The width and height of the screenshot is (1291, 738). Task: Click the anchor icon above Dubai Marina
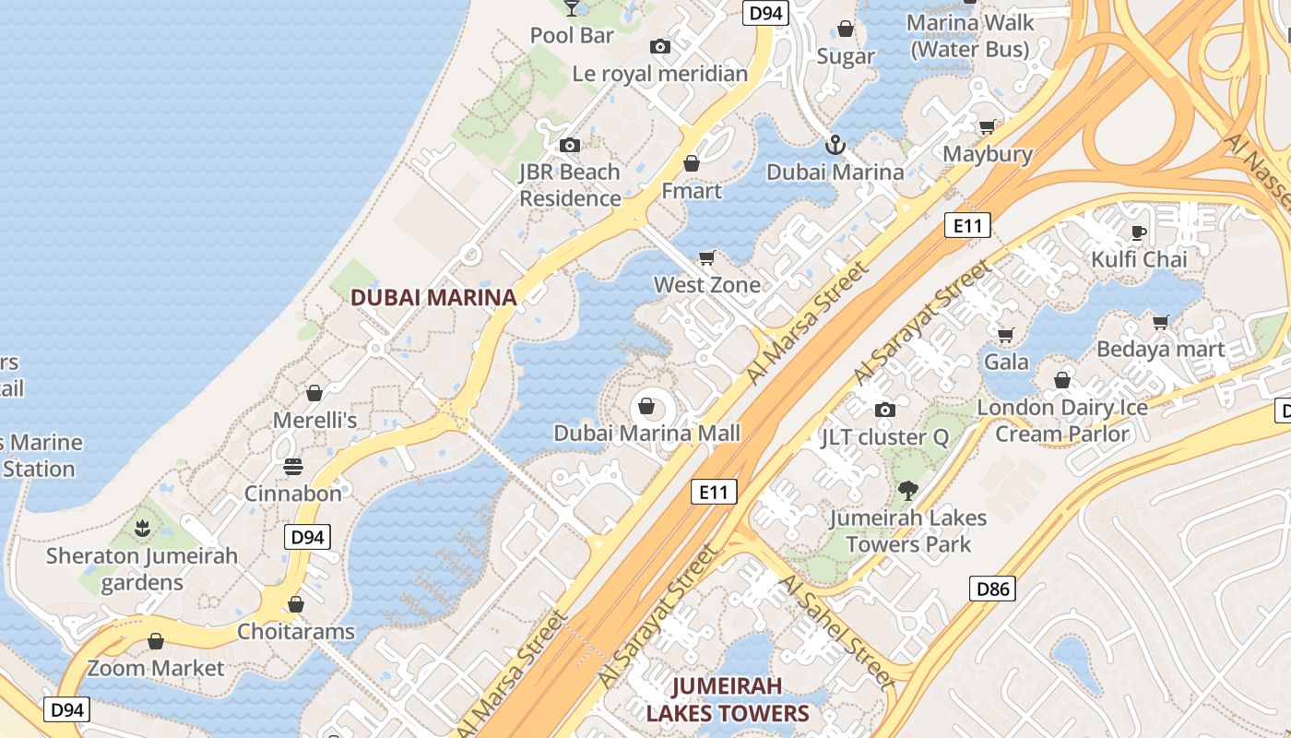835,145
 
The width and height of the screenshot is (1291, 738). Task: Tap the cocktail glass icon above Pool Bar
572,8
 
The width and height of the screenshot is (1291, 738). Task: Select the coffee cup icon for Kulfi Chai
1139,232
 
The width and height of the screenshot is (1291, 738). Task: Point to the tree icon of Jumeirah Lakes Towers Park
908,491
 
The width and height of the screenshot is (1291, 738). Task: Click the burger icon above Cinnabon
293,467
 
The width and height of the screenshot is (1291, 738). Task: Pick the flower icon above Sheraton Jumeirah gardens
142,530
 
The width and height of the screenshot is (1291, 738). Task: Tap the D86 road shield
992,589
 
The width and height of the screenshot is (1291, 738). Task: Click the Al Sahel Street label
835,631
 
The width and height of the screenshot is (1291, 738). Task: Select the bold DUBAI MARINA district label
433,298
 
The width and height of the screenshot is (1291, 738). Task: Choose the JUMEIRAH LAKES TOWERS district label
727,699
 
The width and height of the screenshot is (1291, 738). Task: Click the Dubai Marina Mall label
647,433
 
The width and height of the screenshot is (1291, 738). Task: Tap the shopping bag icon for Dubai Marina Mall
647,406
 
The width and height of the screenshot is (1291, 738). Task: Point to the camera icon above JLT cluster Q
885,410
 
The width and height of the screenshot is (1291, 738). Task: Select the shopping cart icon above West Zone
707,257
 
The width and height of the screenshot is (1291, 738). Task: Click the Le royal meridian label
660,74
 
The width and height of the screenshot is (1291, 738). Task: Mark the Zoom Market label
156,668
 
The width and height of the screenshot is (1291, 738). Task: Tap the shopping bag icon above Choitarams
296,605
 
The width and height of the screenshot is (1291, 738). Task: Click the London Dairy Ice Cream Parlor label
1062,421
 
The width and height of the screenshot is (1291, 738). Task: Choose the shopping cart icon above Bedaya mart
1161,322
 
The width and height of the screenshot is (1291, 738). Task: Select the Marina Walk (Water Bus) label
969,35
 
